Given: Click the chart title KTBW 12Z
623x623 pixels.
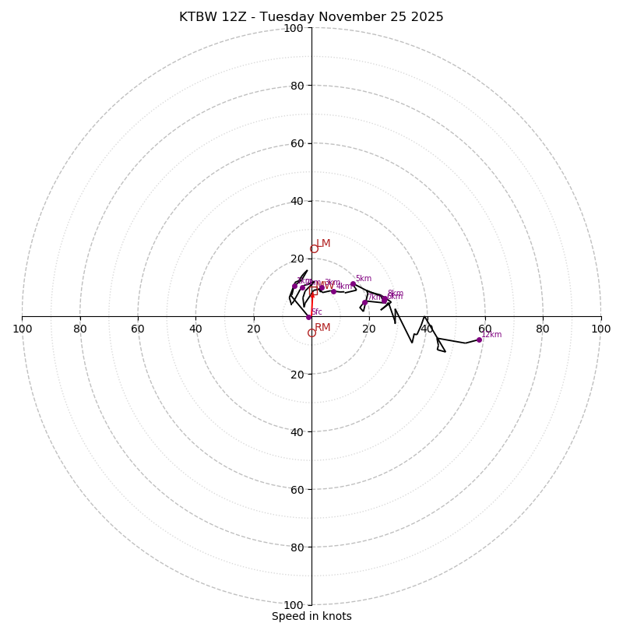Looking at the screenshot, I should tap(311, 17).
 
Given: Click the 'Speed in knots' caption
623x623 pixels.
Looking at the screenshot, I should tap(311, 616).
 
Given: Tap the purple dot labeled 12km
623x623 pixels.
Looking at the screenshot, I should tap(479, 340).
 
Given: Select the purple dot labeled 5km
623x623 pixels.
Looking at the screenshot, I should tap(353, 284).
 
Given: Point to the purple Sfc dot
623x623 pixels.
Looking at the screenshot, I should tap(308, 317).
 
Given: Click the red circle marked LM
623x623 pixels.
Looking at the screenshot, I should tap(314, 249).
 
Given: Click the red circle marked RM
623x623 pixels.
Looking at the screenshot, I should tap(311, 333).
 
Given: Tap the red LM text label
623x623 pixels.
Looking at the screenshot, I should tap(323, 244).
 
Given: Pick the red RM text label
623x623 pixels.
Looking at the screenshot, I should tap(322, 328).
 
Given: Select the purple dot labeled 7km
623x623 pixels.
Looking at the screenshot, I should tap(364, 302).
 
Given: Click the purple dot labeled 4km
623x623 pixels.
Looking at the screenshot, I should tap(333, 291).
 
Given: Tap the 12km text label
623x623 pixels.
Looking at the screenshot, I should tap(491, 335).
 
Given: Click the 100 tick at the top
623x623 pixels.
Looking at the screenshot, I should tap(293, 28).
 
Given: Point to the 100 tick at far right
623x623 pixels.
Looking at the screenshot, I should tap(600, 329).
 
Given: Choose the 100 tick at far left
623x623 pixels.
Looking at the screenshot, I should tap(23, 329).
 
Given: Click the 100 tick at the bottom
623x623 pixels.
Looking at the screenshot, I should tap(293, 605).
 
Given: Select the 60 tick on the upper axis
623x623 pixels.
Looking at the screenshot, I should tap(296, 143).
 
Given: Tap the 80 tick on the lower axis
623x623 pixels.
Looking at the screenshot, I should tap(296, 547).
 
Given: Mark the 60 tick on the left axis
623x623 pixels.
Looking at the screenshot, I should tap(138, 329).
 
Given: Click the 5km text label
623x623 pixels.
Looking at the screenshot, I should tap(363, 279).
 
